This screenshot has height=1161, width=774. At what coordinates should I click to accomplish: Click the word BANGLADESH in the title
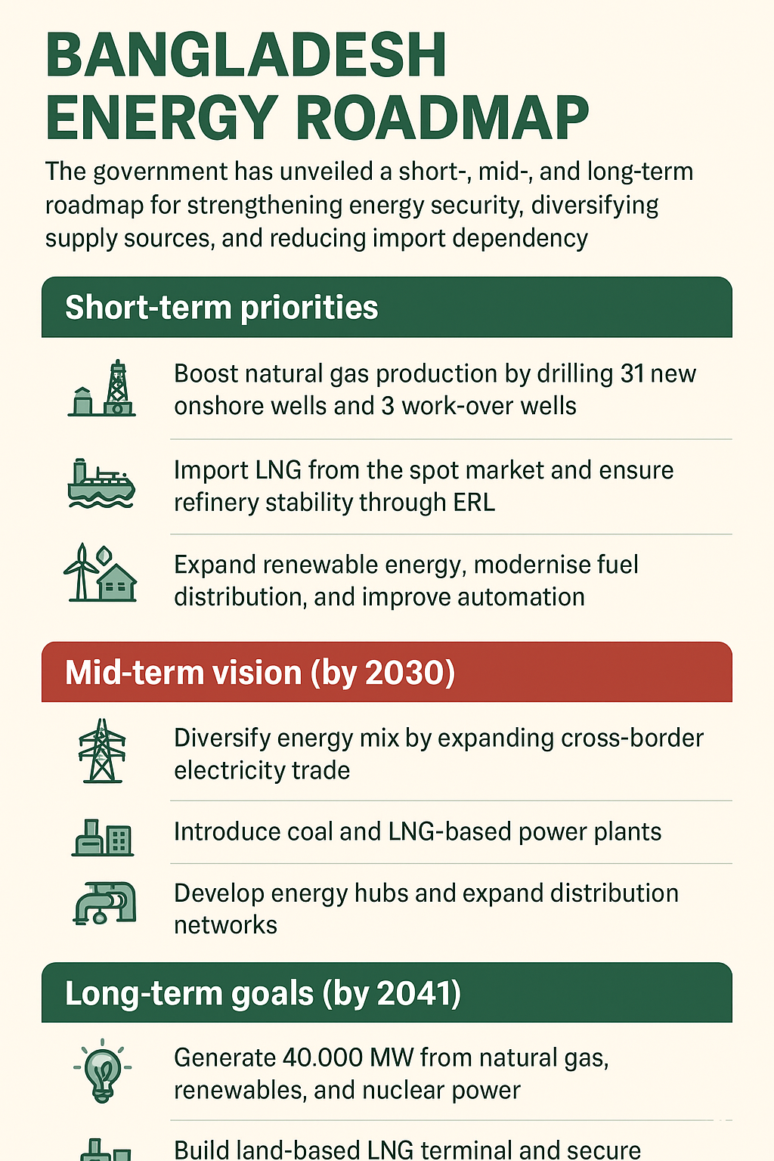click(x=246, y=55)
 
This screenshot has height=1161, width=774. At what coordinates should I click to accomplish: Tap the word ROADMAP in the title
click(x=442, y=118)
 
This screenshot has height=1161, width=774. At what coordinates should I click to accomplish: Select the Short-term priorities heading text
click(x=221, y=308)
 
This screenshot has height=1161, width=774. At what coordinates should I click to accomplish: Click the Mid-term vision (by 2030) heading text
click(x=260, y=673)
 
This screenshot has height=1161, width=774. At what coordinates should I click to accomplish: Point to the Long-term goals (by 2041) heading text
click(x=263, y=994)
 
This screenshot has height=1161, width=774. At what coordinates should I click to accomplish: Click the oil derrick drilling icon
click(x=102, y=389)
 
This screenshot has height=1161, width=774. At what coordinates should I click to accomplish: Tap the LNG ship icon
click(x=101, y=483)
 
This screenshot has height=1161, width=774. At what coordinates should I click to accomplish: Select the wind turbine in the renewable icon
click(x=80, y=571)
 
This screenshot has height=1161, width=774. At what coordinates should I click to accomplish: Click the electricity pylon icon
click(x=102, y=751)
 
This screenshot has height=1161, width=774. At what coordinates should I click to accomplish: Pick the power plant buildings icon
click(x=103, y=837)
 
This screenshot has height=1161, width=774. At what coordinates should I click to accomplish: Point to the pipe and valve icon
click(x=104, y=903)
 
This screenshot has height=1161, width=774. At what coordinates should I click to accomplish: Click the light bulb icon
click(x=102, y=1071)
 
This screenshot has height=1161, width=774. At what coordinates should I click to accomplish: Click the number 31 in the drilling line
click(x=632, y=373)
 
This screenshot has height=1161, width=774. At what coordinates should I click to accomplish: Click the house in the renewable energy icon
click(x=117, y=583)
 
